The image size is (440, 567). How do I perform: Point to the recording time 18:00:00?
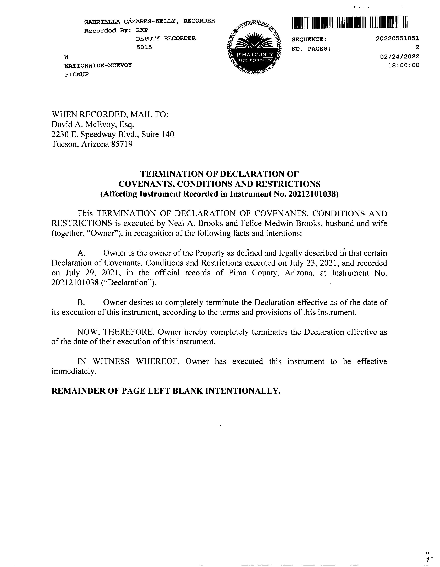[x=403, y=65]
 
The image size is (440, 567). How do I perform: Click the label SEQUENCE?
[x=309, y=39]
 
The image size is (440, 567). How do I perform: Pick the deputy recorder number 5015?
[x=144, y=47]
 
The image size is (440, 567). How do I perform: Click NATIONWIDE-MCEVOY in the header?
[x=98, y=65]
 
